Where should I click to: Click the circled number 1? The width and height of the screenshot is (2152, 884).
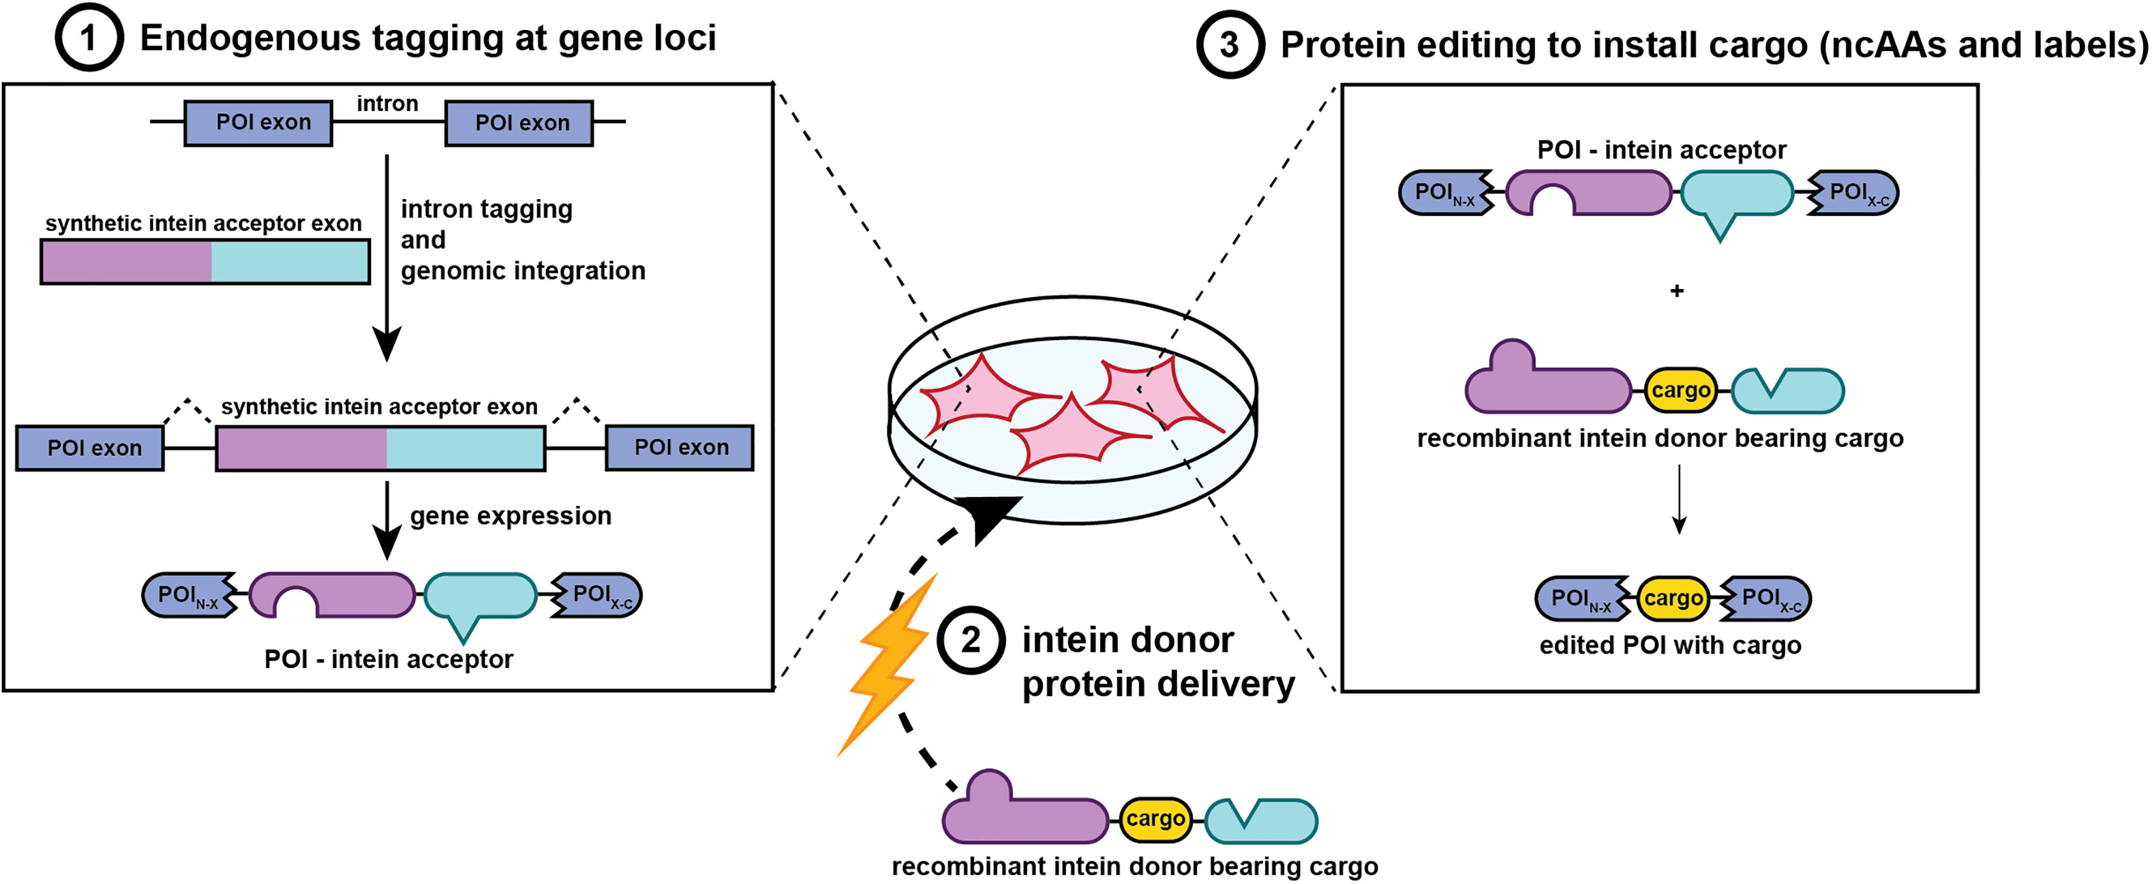(89, 37)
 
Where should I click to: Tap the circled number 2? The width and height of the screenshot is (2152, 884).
(970, 641)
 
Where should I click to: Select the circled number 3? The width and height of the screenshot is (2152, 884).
(1229, 45)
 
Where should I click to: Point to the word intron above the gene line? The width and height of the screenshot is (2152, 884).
(387, 104)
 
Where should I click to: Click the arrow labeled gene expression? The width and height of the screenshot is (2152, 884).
(387, 520)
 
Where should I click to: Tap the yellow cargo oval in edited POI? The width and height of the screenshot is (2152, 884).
(1673, 598)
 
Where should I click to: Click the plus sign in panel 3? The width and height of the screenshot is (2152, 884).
(1677, 291)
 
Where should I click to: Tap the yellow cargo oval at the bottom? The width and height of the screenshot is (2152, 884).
(1155, 819)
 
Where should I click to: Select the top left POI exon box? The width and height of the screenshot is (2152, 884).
(258, 123)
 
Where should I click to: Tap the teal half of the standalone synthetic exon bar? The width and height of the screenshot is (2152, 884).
(289, 262)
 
